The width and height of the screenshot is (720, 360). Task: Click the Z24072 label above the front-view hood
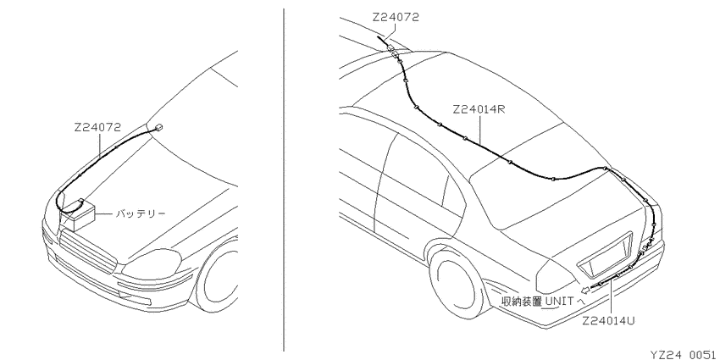tap(97, 128)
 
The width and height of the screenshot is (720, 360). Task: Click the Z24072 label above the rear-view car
tap(396, 18)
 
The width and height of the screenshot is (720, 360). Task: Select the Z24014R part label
tap(479, 110)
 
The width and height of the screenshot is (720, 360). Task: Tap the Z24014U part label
tap(608, 321)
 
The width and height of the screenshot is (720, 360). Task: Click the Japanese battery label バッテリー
tap(140, 213)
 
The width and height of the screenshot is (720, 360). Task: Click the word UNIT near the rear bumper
tap(559, 302)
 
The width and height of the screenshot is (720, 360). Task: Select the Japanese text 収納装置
tap(522, 302)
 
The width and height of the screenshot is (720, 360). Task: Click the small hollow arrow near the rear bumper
tap(585, 290)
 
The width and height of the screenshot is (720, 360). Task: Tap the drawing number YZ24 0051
tap(684, 354)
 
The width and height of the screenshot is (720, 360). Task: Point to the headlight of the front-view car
tap(153, 263)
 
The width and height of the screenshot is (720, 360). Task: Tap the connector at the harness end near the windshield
tap(158, 128)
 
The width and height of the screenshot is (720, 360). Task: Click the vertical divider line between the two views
tap(283, 180)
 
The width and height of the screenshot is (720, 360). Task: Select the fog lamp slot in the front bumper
tap(134, 296)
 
